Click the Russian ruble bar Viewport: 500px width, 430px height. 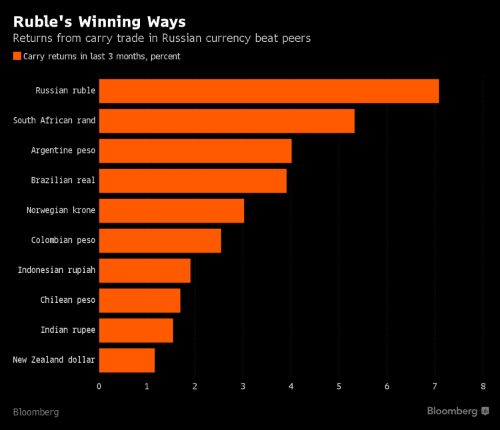tap(269, 91)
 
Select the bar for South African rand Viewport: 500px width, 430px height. tap(227, 121)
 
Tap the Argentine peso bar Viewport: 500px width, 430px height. tap(195, 151)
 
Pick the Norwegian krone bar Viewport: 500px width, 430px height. tap(171, 210)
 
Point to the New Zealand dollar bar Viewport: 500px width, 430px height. tap(127, 360)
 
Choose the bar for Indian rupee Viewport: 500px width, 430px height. tap(136, 330)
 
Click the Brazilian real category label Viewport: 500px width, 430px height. tap(63, 180)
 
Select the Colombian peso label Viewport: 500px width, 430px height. tap(63, 240)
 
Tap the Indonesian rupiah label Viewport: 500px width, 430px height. tap(56, 270)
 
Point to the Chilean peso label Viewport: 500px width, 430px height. tap(67, 300)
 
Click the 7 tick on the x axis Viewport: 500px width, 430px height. tap(435, 386)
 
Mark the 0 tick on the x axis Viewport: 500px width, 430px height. tap(99, 386)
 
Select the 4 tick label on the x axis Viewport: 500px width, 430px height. tap(291, 386)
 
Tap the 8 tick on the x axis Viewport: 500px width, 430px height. tap(483, 386)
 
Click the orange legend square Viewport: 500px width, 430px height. tap(17, 57)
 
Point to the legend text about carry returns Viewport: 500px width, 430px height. tap(101, 57)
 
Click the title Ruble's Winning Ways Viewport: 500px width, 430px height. tap(99, 22)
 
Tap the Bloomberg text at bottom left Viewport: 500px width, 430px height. tap(36, 412)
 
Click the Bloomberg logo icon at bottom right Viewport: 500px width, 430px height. tap(485, 411)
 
